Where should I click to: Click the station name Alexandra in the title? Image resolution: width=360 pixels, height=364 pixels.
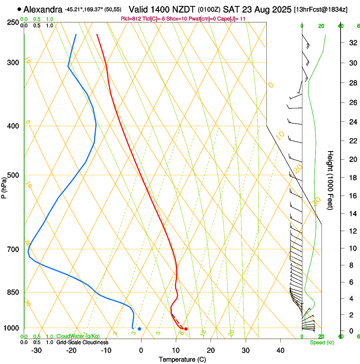pos(43,9)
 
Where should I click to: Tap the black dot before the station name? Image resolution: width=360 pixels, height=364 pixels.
pos(19,9)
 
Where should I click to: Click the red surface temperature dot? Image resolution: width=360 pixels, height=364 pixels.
pos(186,329)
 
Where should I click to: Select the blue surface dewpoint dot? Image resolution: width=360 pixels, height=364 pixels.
pos(139,329)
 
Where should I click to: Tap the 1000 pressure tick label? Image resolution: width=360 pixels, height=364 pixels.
pos(12,328)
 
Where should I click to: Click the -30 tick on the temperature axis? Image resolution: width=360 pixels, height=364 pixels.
pos(36,350)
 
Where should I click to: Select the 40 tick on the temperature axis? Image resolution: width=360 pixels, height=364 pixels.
pos(280,350)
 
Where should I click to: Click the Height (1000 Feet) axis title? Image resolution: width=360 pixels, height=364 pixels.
pos(331,180)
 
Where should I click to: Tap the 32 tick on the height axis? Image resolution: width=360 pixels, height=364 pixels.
pos(352,43)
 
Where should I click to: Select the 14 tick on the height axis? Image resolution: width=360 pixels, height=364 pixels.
pos(352,214)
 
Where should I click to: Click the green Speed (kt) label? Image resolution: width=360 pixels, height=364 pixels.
pos(322,342)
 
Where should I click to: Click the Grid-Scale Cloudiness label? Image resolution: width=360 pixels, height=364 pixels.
pos(82,342)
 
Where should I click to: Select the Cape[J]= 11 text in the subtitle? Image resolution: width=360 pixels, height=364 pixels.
pos(232,19)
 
